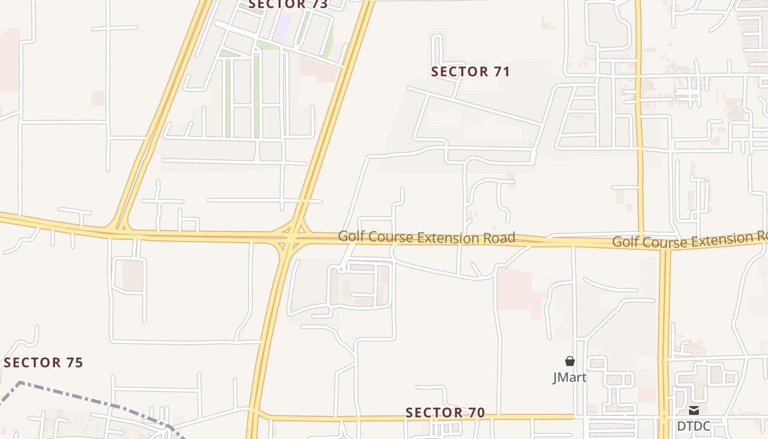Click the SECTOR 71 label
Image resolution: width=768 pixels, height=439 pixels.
pos(470,72)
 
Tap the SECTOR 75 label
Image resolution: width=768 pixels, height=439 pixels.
pos(43,363)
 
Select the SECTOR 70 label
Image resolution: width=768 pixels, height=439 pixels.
pos(445,413)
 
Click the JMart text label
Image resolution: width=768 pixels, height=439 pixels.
pos(569,378)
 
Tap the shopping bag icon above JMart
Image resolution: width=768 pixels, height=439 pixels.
pos(570,361)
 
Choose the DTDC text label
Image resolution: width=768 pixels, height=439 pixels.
pos(693,426)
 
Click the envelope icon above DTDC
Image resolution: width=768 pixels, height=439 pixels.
pos(694,410)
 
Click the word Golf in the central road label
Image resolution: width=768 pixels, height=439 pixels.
pos(349,237)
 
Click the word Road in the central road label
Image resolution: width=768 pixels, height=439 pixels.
pos(498,238)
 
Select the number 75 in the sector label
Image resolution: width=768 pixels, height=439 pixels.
pos(74,363)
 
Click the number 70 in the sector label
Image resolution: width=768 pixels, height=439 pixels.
pos(476,413)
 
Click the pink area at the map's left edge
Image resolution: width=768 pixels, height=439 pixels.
pos(9,60)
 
